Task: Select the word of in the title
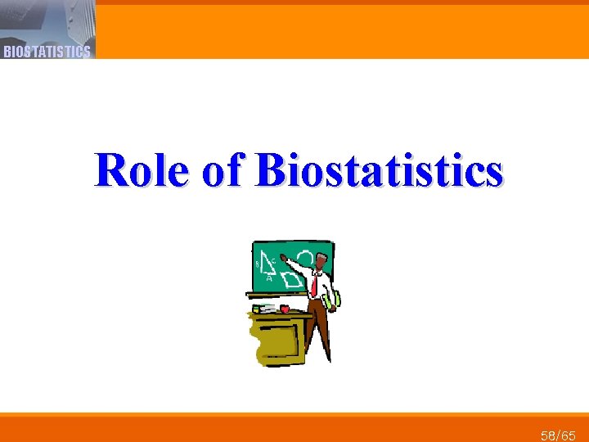click(x=222, y=170)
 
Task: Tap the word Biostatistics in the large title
click(x=379, y=170)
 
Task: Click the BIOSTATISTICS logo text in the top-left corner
click(x=47, y=52)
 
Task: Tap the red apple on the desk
click(x=285, y=308)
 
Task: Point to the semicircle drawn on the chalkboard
click(x=304, y=259)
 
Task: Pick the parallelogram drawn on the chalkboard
click(x=292, y=279)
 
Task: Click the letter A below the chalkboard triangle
click(x=269, y=277)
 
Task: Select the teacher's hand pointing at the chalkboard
click(x=284, y=258)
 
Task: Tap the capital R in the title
click(x=111, y=170)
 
